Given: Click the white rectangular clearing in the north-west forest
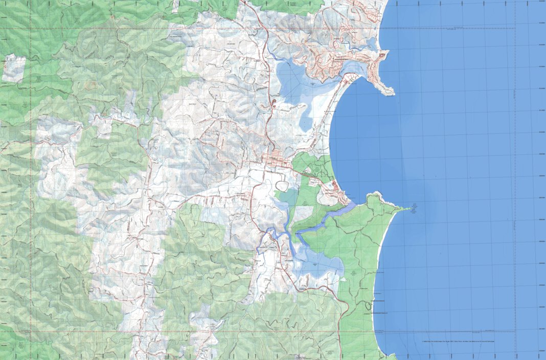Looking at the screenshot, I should tap(14, 68).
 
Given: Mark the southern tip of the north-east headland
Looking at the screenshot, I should tap(391, 93).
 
